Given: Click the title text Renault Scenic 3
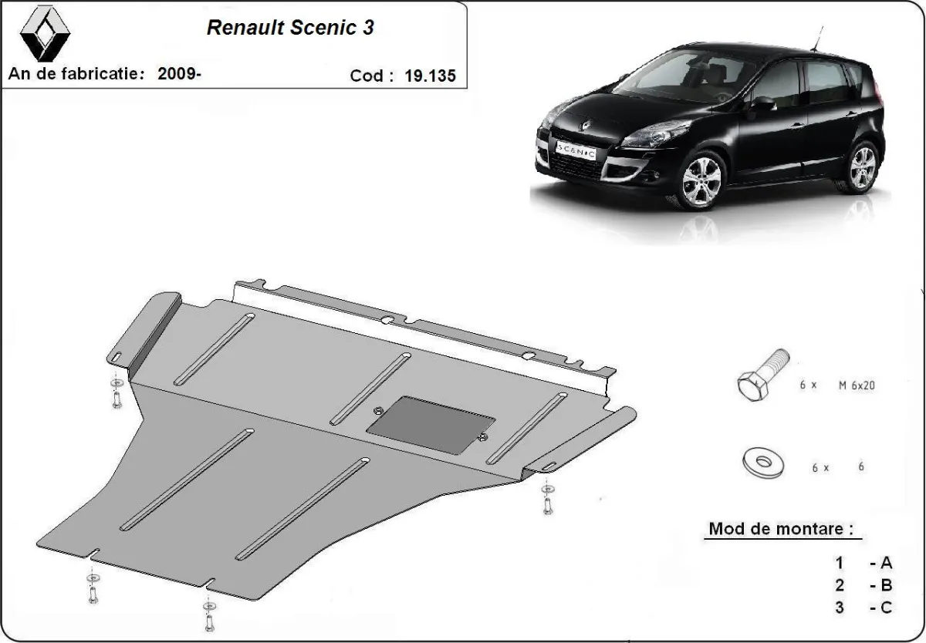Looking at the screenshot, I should [x=291, y=28].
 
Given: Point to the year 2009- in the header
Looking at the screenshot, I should [x=180, y=74].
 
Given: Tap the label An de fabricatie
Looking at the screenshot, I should [x=76, y=74].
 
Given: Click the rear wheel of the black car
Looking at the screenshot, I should [x=861, y=167].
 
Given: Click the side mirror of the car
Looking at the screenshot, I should [x=762, y=104].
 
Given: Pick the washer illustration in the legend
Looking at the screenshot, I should [x=762, y=463].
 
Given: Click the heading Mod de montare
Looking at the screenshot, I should [x=781, y=530].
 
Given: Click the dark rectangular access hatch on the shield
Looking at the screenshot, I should [x=430, y=426].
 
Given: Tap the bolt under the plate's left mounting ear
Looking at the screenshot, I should [x=115, y=394].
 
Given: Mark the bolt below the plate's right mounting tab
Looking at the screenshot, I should [x=547, y=500].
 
